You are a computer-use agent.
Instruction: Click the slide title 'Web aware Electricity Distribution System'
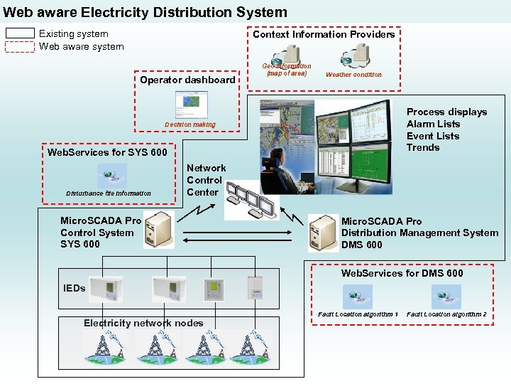click(x=145, y=12)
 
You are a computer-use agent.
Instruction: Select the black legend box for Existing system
click(x=21, y=33)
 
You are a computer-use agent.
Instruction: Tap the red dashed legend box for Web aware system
click(x=21, y=47)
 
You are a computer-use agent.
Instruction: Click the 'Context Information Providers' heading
click(x=324, y=34)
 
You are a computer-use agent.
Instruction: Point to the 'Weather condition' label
click(x=353, y=75)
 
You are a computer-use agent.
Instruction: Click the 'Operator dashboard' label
click(x=187, y=80)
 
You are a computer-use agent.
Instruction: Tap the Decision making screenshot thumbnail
click(x=190, y=106)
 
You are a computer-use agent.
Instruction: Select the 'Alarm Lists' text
click(x=433, y=124)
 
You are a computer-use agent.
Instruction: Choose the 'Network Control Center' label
click(x=205, y=180)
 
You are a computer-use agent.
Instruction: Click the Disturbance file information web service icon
click(x=111, y=176)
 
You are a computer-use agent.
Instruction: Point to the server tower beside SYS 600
click(x=158, y=230)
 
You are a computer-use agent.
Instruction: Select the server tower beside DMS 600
click(x=323, y=233)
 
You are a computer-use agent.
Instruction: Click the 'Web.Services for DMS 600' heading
click(x=402, y=273)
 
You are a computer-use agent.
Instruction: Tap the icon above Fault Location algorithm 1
click(x=357, y=297)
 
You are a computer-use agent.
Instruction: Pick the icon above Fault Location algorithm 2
click(x=446, y=297)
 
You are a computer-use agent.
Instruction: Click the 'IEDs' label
click(x=75, y=288)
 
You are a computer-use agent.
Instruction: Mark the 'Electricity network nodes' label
click(x=143, y=323)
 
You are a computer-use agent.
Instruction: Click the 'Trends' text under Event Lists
click(x=423, y=148)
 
